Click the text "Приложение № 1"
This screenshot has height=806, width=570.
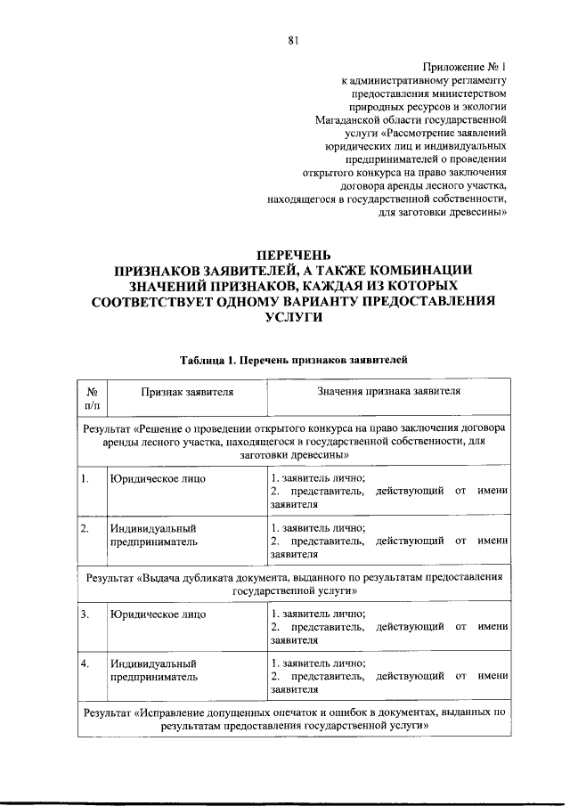(464, 67)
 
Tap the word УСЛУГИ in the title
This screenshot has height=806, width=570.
(293, 318)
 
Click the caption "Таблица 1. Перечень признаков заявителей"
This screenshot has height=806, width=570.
(293, 361)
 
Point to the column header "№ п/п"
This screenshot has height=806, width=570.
(91, 398)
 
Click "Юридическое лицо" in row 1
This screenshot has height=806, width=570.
(158, 478)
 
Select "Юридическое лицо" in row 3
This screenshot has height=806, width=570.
(158, 615)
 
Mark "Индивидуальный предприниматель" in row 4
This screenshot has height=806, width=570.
(153, 671)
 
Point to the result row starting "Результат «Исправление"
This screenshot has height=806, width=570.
(293, 720)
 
